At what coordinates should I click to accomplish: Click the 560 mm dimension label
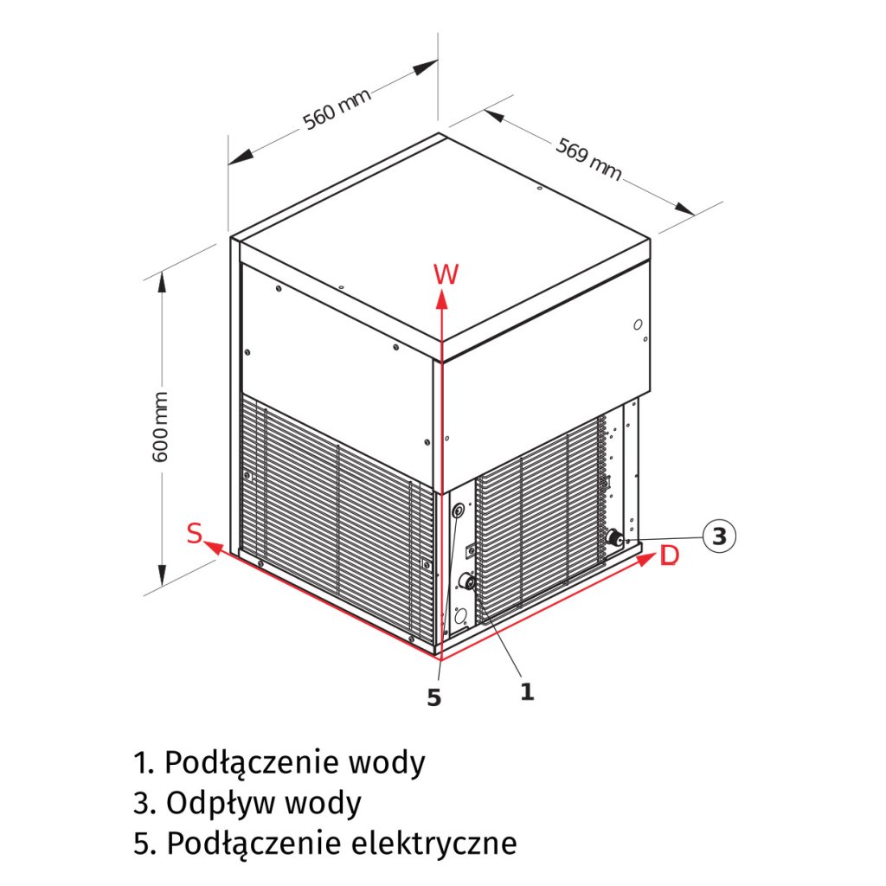tap(337, 109)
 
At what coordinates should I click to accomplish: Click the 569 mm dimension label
tap(588, 160)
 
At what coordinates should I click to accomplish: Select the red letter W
tap(446, 274)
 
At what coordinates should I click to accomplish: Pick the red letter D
tap(669, 556)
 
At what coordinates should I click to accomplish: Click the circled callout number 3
tap(718, 536)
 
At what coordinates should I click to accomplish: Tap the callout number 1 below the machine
tap(526, 691)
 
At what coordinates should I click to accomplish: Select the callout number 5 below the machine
tap(434, 697)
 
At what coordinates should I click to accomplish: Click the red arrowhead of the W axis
tap(441, 299)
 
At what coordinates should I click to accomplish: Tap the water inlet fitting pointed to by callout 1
tap(467, 581)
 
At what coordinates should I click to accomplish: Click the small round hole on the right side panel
tap(638, 324)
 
